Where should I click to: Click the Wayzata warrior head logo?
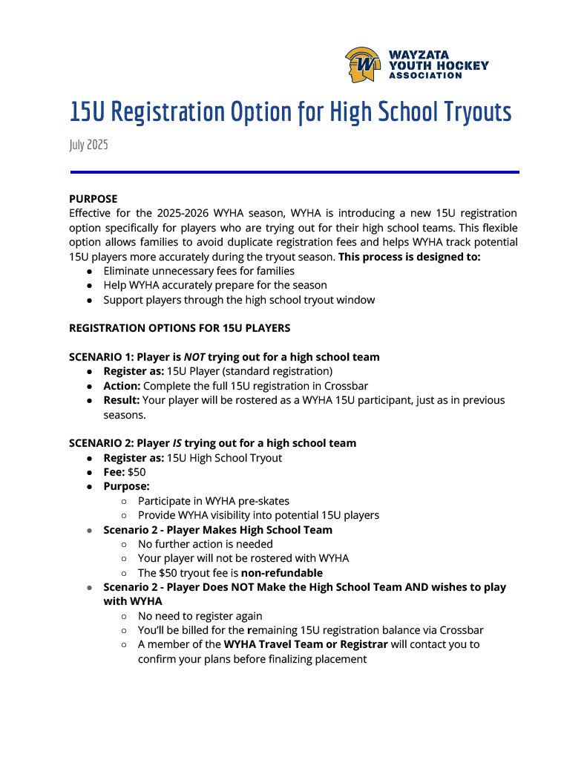tap(363, 65)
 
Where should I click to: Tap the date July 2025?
tap(88, 145)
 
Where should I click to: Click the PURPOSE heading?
tap(93, 199)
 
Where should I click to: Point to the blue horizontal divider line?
tap(294, 172)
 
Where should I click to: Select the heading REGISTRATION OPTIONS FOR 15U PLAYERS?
tap(180, 328)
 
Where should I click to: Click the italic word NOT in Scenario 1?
tap(194, 357)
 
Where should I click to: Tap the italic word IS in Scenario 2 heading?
tap(177, 443)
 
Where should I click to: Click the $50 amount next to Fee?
tap(137, 472)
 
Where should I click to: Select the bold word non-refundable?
tap(282, 573)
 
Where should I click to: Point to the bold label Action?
tap(122, 386)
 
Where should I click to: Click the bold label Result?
tap(121, 400)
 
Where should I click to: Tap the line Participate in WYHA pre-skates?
tap(214, 501)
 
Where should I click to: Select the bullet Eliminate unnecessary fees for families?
tap(199, 271)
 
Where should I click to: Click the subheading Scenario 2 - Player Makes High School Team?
tap(217, 530)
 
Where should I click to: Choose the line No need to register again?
tap(200, 616)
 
